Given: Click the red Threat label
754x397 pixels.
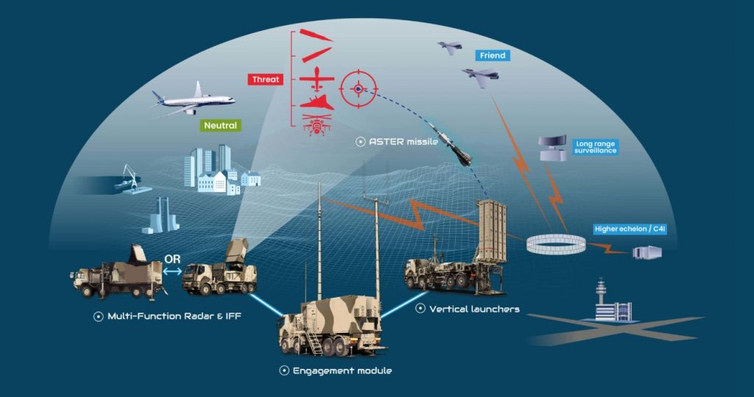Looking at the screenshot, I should pyautogui.click(x=267, y=79).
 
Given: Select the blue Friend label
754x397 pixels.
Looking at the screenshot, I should pyautogui.click(x=492, y=56).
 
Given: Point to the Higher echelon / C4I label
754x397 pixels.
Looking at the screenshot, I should pyautogui.click(x=629, y=229).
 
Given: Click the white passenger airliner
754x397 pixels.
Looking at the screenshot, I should pyautogui.click(x=193, y=99).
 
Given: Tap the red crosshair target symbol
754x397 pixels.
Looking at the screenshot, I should pyautogui.click(x=358, y=89).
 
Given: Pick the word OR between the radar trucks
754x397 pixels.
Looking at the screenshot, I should pyautogui.click(x=172, y=260).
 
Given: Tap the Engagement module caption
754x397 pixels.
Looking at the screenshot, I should pyautogui.click(x=342, y=371).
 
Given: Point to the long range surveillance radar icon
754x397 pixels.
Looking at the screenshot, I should pyautogui.click(x=552, y=146).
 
